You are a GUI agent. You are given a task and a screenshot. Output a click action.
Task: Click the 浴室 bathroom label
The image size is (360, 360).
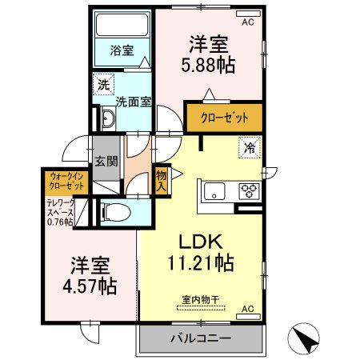(x=122, y=49)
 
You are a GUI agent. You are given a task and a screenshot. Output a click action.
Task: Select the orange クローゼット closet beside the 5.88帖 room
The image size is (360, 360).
(x=223, y=118)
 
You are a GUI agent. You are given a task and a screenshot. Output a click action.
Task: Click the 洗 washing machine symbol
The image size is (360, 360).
(x=105, y=83)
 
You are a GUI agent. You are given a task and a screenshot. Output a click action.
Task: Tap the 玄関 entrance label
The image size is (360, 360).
(x=106, y=160)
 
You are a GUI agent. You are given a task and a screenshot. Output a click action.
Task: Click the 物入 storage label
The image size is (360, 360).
(x=161, y=180)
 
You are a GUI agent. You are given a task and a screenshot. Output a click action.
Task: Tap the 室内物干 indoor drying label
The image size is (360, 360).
(x=200, y=300)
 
